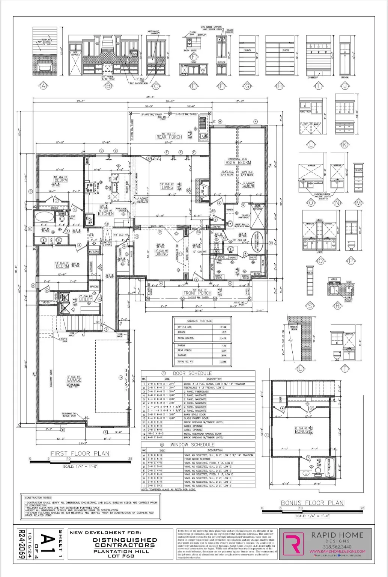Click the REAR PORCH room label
(x=169, y=137)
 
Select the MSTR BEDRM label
(x=238, y=163)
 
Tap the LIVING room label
(x=167, y=187)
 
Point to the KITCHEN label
(x=106, y=214)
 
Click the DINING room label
(x=162, y=254)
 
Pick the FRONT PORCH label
(x=197, y=293)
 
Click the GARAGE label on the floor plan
(x=74, y=380)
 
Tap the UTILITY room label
(x=85, y=299)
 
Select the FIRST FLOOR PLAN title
(x=80, y=453)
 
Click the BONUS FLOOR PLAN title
(x=312, y=503)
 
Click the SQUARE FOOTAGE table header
(x=199, y=321)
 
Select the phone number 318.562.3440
(x=326, y=547)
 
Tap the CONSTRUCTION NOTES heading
(x=38, y=497)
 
